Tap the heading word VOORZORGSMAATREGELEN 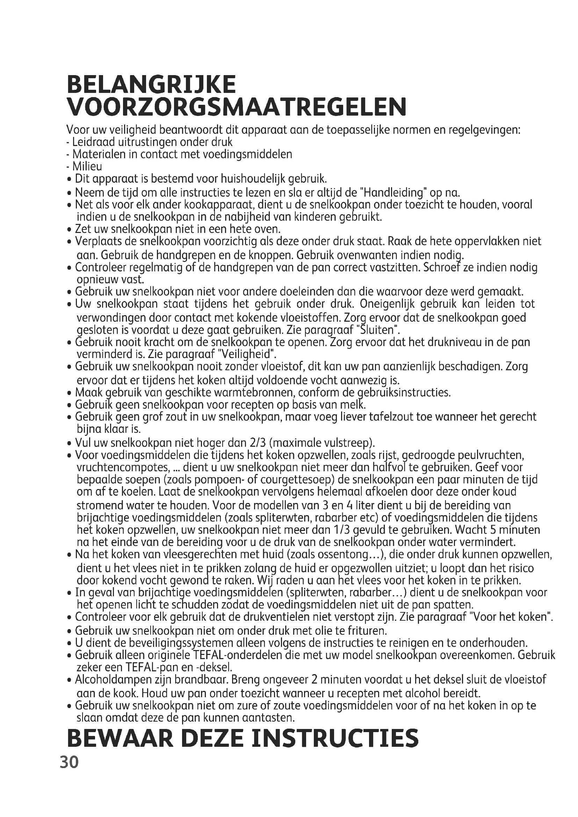click(237, 107)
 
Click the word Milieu click(87, 167)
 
